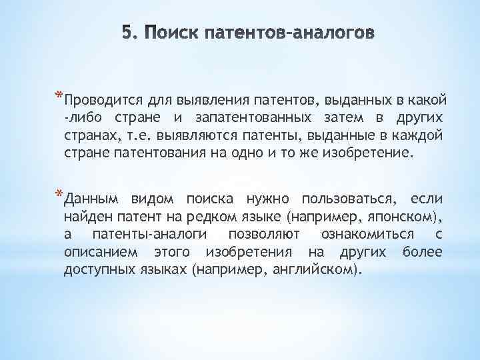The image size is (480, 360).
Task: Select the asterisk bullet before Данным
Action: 59,195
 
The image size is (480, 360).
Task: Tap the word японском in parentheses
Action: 406,217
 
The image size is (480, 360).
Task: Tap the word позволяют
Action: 263,234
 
